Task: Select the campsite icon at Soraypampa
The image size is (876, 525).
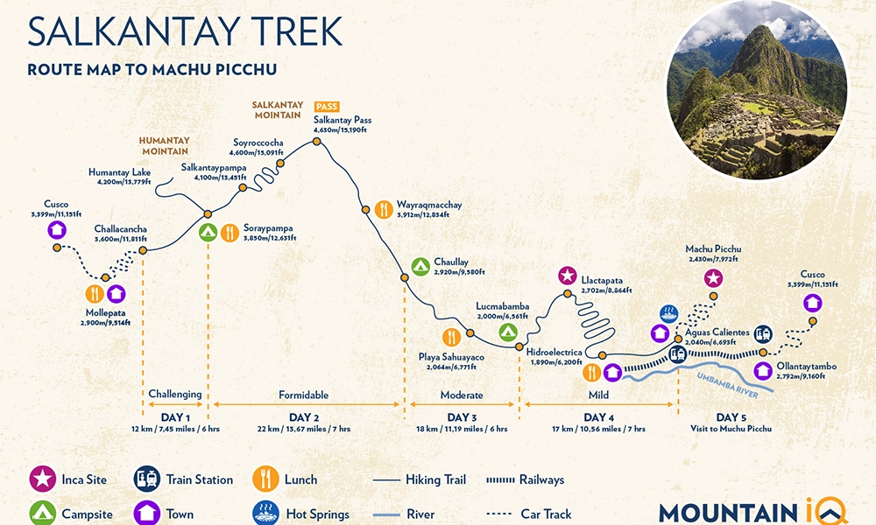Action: click(208, 233)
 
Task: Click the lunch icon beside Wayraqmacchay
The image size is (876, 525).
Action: click(383, 210)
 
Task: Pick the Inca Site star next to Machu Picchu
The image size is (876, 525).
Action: click(714, 278)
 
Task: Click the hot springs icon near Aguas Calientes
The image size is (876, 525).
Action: click(668, 312)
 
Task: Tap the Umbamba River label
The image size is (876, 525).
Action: click(726, 376)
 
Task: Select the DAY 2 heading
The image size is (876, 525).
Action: click(304, 417)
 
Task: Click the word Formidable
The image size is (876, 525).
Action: click(304, 395)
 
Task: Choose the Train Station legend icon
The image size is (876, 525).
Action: click(145, 479)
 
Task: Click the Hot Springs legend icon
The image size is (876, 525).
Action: click(265, 514)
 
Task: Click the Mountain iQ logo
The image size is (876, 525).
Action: click(752, 511)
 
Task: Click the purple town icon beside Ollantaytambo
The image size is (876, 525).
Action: click(763, 369)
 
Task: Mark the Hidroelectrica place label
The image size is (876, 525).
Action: click(555, 354)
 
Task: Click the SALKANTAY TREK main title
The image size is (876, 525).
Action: click(183, 31)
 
